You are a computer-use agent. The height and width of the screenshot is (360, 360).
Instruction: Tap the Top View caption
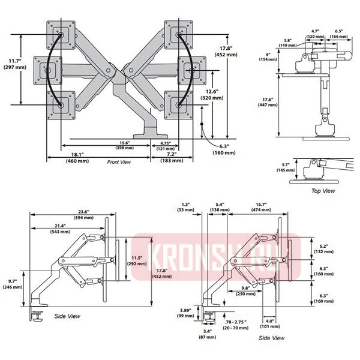323,191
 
